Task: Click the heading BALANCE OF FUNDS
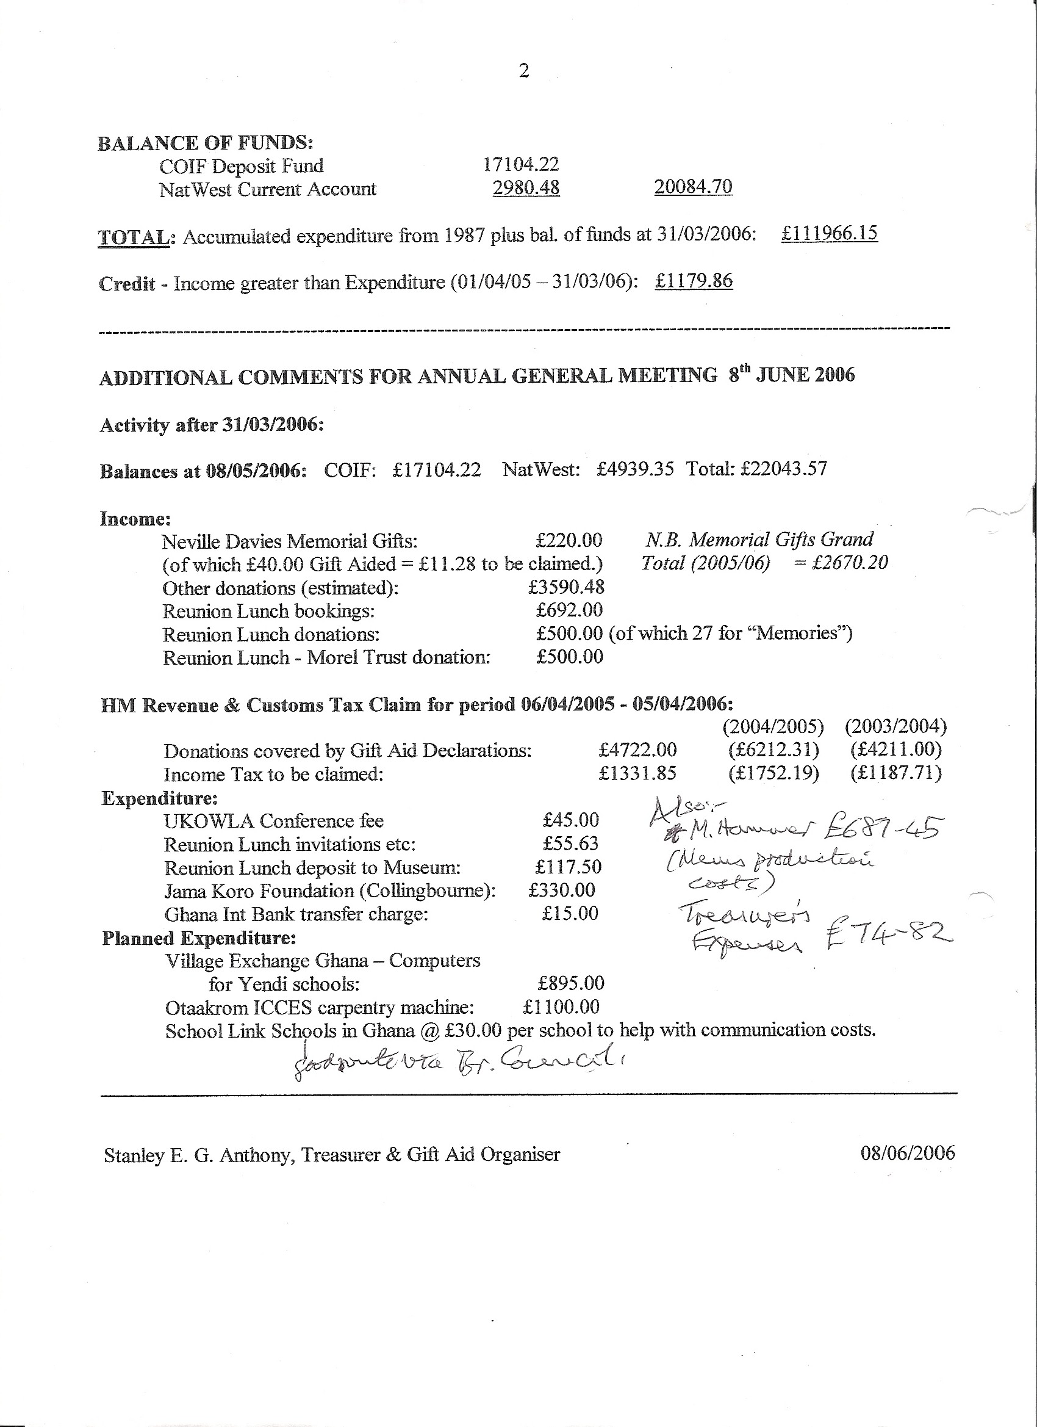[x=205, y=143]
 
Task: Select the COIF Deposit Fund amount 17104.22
[x=521, y=165]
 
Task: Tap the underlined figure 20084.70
[x=693, y=187]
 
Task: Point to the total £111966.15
[x=830, y=233]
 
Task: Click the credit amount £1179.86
[x=694, y=281]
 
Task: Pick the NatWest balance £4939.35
[x=635, y=469]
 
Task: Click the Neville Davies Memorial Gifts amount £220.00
[x=569, y=540]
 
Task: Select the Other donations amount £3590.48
[x=567, y=587]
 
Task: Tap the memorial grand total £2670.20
[x=850, y=563]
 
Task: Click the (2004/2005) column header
[x=773, y=727]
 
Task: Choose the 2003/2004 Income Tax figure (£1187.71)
[x=896, y=773]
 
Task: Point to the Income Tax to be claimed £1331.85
[x=637, y=773]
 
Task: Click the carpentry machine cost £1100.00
[x=561, y=1006]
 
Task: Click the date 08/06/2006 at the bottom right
[x=908, y=1153]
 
